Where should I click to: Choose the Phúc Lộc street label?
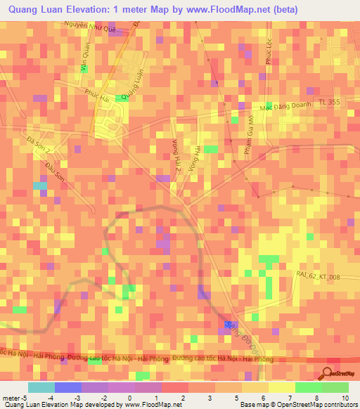269,53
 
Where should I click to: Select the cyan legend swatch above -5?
41,388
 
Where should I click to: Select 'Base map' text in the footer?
254,405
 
